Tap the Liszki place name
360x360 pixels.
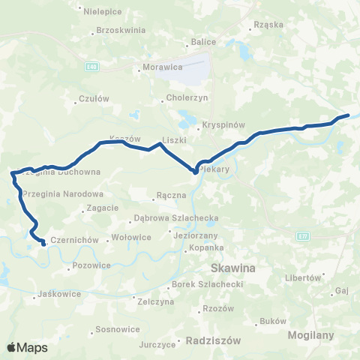pos(174,140)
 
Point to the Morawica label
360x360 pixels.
pos(161,68)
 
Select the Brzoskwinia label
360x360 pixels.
pos(120,31)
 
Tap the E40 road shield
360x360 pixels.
pos(91,67)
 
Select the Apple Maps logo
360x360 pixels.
pos(27,347)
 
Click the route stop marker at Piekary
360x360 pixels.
pos(195,172)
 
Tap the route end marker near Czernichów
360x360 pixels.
pos(43,243)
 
